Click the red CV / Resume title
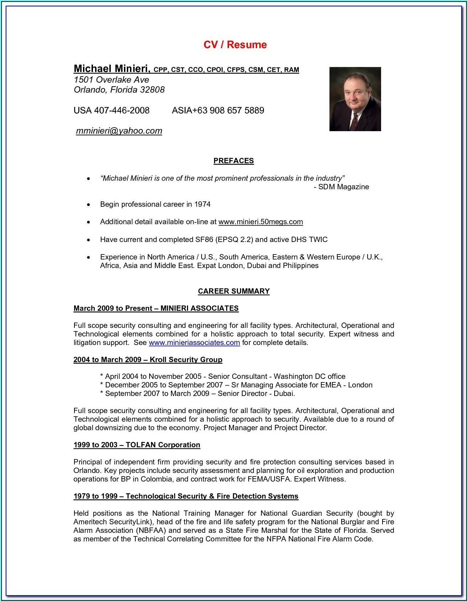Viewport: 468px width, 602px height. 235,45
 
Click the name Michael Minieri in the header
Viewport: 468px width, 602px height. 112,68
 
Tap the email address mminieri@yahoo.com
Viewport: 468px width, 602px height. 119,131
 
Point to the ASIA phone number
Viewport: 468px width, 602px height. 218,110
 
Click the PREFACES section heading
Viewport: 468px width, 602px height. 234,161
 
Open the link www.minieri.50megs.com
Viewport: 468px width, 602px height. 260,222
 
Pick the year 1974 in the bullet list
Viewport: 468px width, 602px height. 202,204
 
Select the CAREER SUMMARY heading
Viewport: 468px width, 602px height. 234,291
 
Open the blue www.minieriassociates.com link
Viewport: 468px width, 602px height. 194,343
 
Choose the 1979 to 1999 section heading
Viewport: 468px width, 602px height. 186,496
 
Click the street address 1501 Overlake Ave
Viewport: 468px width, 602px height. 111,80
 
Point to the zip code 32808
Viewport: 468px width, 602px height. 152,90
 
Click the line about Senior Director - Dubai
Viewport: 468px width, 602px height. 198,393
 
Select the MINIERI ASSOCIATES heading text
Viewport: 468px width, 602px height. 199,308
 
